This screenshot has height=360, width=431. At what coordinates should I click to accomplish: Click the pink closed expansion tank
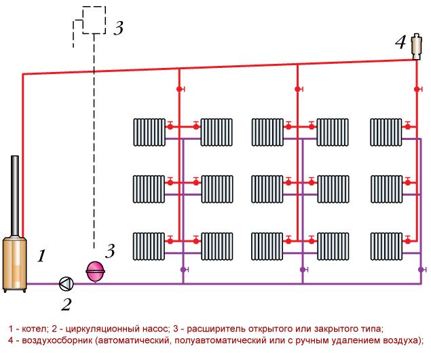pos(94,270)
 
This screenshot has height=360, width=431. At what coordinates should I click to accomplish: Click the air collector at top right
pos(416,46)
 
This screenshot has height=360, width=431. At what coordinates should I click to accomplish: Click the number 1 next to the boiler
pos(41,257)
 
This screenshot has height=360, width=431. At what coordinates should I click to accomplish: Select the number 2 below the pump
pos(66,305)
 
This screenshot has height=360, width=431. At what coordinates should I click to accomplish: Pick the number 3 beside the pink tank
pos(110,250)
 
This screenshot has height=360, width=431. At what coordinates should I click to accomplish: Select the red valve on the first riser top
pos(179,89)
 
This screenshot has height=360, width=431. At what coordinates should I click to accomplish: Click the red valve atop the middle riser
pos(297,89)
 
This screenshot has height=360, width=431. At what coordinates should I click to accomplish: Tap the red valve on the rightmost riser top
pos(416,89)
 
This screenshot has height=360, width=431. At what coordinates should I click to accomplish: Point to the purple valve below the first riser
pos(183,270)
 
